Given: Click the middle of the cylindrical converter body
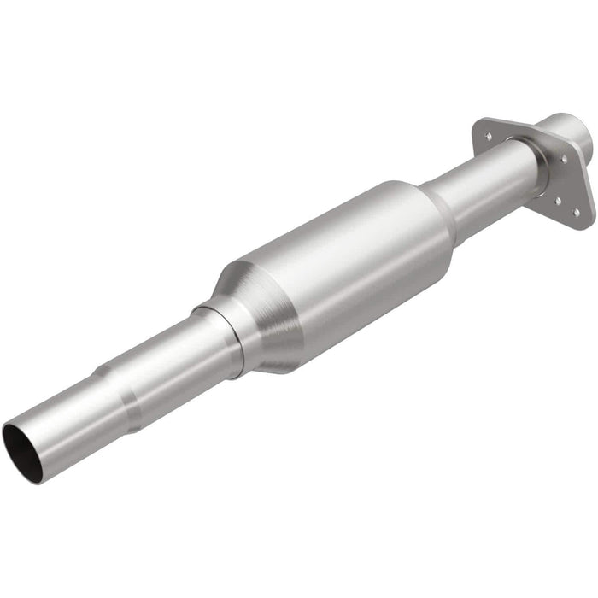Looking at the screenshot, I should (x=342, y=256).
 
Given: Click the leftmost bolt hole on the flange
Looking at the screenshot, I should (x=489, y=135).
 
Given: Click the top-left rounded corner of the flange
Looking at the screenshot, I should (x=480, y=125).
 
